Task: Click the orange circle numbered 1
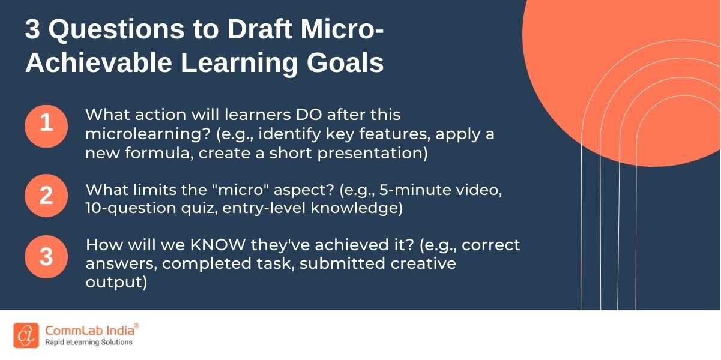pyautogui.click(x=46, y=125)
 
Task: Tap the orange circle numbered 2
pyautogui.click(x=46, y=196)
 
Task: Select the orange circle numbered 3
pyautogui.click(x=46, y=257)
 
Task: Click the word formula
pyautogui.click(x=160, y=153)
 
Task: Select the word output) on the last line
pyautogui.click(x=116, y=283)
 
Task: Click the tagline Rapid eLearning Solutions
pyautogui.click(x=88, y=343)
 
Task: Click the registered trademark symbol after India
pyautogui.click(x=136, y=325)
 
